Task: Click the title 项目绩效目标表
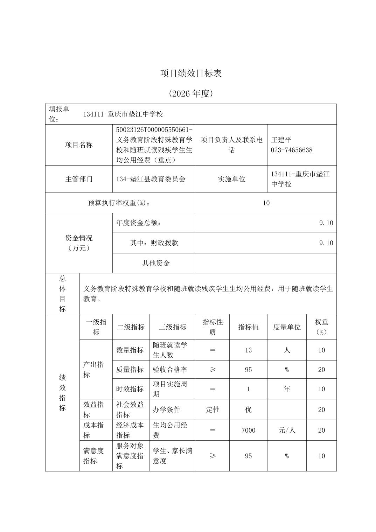coord(191,73)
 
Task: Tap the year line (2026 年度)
coord(191,94)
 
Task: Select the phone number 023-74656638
coord(292,150)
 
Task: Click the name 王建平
coord(281,140)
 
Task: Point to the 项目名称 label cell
coord(79,145)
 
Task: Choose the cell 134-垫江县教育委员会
coord(151,179)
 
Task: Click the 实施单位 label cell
coord(231,179)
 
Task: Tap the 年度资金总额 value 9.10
coord(326,223)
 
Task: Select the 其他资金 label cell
coord(156,263)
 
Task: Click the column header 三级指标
coord(172,327)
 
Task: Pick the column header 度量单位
coord(287,327)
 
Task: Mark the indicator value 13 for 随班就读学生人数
coord(248,350)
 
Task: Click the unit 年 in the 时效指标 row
coord(287,389)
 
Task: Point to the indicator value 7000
coord(248,430)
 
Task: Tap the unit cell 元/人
coord(287,430)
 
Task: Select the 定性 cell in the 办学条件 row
coord(213,409)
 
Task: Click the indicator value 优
coord(248,409)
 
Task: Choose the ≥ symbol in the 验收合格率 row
coord(213,370)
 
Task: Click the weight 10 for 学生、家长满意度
coord(321,456)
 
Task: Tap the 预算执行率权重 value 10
coord(266,203)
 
